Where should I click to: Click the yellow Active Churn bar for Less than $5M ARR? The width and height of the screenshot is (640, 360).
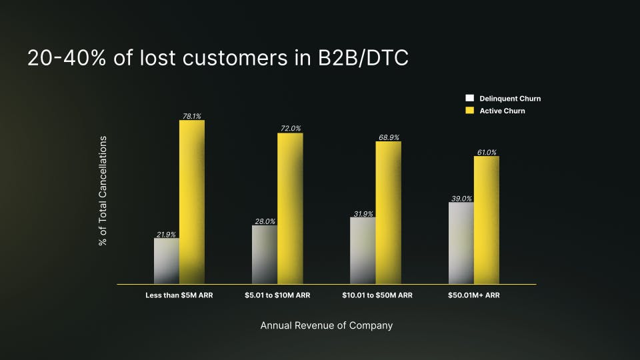pos(191,202)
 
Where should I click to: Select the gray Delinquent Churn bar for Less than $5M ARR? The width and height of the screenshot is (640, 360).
pos(166,261)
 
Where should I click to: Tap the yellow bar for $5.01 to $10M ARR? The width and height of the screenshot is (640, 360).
pos(290,209)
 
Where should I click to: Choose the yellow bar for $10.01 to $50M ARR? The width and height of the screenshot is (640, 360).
pos(388,213)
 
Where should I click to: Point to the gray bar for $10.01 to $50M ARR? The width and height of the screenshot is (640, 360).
pos(363,251)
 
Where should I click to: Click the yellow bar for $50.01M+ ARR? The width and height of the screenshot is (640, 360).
pos(487,220)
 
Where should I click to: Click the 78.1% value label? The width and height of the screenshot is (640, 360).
pos(192,116)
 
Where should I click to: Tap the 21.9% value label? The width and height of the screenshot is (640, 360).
pos(166,234)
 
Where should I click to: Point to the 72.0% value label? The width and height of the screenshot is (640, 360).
pos(291,129)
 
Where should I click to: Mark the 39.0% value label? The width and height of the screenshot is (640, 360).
pos(461,198)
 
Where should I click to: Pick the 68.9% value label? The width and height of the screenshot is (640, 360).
pos(389,137)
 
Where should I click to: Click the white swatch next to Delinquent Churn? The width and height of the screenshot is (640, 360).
pos(469,98)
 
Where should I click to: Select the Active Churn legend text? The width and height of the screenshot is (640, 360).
pos(502,111)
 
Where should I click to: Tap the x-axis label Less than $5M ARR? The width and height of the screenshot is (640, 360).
pos(179,295)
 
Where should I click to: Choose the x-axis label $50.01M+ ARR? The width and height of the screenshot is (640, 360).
pos(474,295)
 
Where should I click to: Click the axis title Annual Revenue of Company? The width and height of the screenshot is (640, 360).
pos(327,326)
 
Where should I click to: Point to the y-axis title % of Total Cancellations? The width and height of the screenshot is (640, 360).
pos(103,191)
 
